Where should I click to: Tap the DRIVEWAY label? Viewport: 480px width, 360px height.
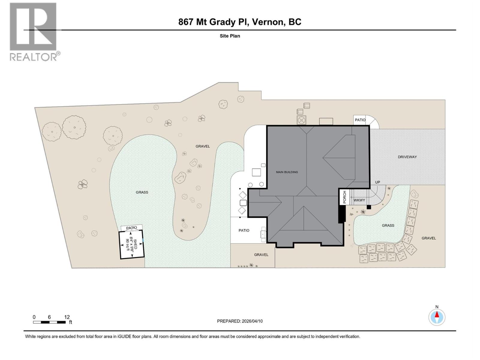point(407,157)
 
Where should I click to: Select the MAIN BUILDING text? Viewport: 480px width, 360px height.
point(287,172)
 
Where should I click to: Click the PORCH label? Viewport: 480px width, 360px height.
point(344,197)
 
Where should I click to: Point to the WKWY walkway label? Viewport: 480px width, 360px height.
point(359,200)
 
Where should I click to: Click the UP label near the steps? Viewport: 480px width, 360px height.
point(377,182)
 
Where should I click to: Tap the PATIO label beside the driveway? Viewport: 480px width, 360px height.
point(360,120)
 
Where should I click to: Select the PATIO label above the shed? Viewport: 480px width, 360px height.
point(131,228)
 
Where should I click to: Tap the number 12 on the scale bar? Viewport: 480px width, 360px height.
point(67,317)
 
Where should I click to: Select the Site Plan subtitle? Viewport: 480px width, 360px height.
point(230,36)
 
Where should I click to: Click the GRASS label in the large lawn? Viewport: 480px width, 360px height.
point(142,192)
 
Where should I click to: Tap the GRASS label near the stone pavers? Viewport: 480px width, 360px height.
point(388,225)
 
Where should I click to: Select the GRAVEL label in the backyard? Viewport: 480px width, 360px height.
point(202,146)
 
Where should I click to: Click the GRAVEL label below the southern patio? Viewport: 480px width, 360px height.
point(261,255)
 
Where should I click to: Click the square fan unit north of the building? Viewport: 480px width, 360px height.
point(301,120)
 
